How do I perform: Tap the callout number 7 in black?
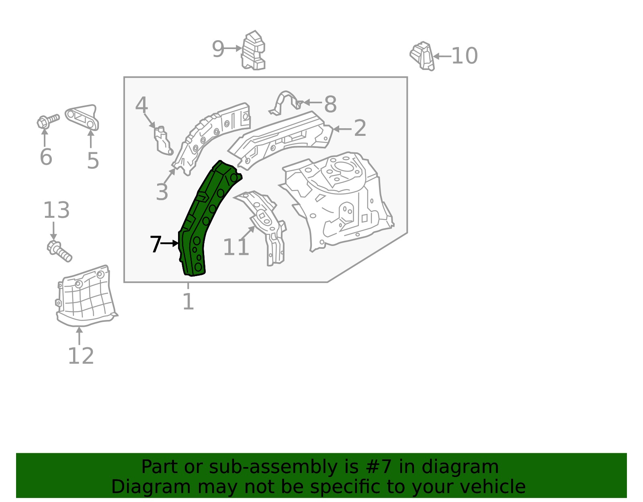point(155,244)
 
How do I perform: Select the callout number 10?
point(464,56)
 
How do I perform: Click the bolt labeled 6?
point(47,121)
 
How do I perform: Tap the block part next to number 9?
point(254,51)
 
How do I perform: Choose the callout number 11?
point(236,247)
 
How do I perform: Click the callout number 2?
point(360,128)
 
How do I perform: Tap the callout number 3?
point(162,192)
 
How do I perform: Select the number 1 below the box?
point(188,301)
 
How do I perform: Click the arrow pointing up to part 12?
point(79,336)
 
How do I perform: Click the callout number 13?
point(56,210)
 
